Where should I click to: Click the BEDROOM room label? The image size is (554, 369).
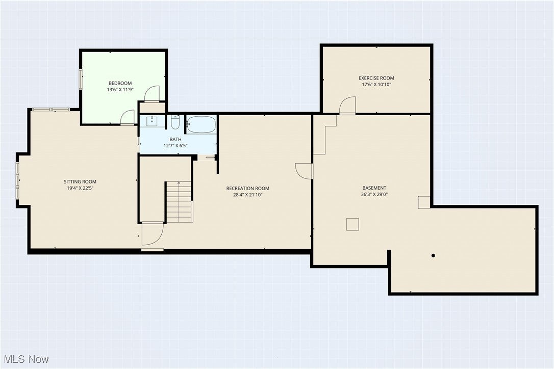coord(120,83)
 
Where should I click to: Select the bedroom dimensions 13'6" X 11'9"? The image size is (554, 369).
coord(120,90)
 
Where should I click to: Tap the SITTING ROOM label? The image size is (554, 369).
coord(80,181)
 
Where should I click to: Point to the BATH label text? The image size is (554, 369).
coord(175,139)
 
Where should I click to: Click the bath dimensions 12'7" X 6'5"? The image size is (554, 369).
coord(175,146)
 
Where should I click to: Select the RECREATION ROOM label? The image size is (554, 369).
coord(247,188)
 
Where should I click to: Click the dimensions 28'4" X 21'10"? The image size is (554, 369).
coord(247,195)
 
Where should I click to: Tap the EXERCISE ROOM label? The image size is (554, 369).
coord(376,78)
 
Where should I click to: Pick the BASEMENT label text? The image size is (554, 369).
coord(374,188)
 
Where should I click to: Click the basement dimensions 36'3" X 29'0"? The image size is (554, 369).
coord(374,194)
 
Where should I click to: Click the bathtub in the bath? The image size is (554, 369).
coord(201,124)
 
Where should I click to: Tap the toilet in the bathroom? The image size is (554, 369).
coord(175,123)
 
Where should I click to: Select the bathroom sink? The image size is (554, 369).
coord(152,121)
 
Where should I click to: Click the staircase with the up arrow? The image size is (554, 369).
coord(179,202)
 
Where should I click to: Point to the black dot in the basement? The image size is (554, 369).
coord(433,255)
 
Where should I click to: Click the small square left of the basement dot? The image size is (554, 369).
coord(352,224)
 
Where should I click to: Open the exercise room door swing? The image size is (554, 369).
coord(348,106)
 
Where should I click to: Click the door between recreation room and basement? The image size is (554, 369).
coord(305,171)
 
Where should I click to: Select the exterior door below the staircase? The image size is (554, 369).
coord(152,234)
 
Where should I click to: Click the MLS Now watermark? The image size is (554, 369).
coord(25,359)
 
